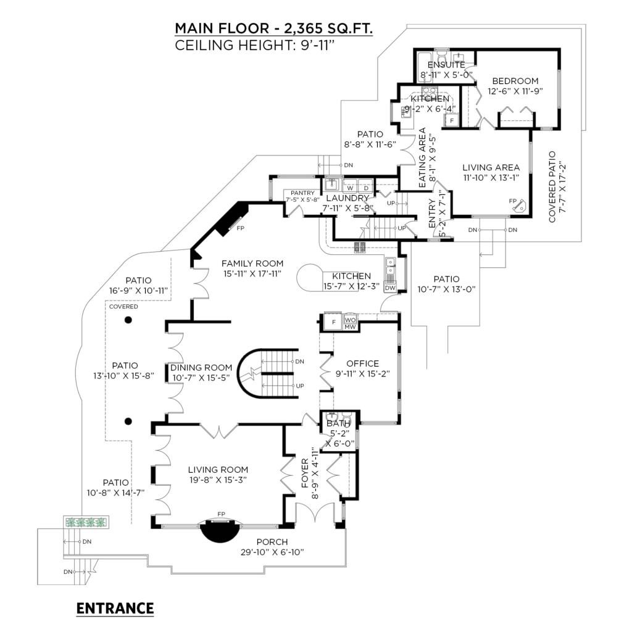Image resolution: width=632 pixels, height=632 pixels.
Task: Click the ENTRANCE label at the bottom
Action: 115,609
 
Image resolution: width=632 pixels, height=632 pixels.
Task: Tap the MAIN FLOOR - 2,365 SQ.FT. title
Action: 273,29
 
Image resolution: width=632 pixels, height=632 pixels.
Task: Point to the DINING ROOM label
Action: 202,368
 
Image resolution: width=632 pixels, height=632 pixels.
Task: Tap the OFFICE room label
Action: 363,364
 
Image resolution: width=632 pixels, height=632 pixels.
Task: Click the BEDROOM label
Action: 515,81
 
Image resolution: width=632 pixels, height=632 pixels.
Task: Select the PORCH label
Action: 273,543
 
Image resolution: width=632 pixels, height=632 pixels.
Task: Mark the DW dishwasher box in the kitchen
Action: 390,288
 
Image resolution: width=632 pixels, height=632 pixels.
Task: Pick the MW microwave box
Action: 349,326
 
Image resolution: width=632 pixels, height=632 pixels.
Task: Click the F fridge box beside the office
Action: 334,322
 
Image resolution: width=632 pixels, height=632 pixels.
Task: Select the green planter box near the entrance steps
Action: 86,522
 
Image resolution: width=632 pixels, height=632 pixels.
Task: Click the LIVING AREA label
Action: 491,167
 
